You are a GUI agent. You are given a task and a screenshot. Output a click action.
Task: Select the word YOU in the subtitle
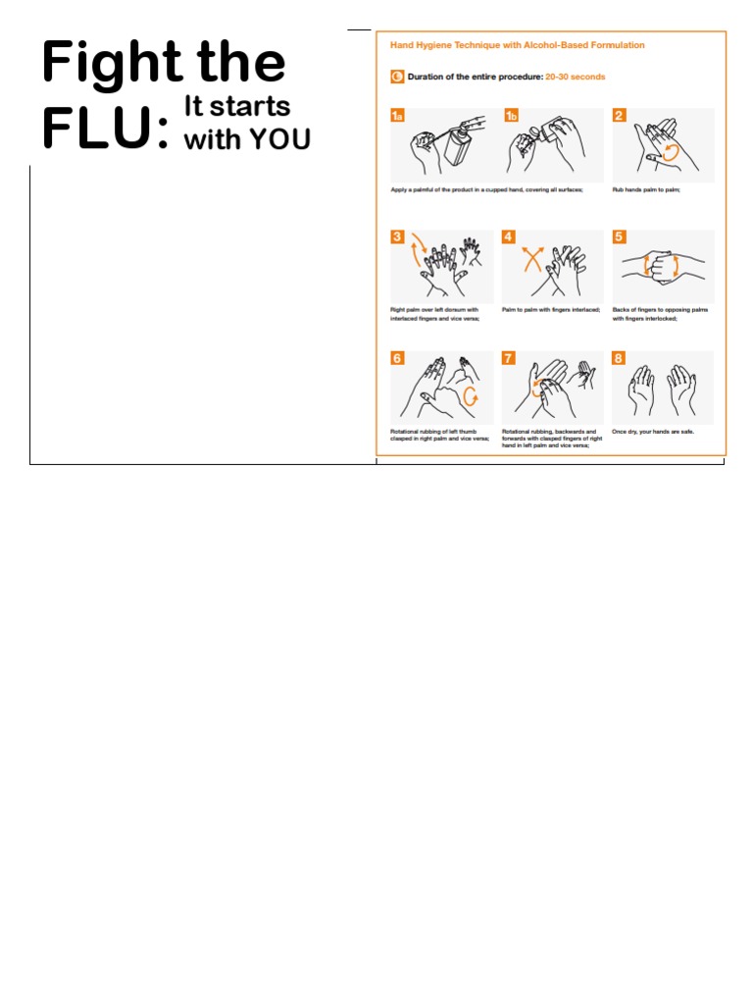click(x=279, y=139)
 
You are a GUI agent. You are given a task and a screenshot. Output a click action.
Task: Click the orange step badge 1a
click(x=397, y=116)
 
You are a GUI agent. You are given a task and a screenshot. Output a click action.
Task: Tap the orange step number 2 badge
click(x=619, y=116)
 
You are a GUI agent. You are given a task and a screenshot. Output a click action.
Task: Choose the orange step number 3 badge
click(x=397, y=236)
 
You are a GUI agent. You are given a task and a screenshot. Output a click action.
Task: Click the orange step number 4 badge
click(x=508, y=236)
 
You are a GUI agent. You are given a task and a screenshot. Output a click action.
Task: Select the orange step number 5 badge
click(x=619, y=236)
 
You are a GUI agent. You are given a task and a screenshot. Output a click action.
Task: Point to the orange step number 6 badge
click(x=397, y=358)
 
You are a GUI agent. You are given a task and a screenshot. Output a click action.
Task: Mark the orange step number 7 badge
click(x=508, y=358)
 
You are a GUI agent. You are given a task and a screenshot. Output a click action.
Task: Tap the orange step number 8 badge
click(x=619, y=358)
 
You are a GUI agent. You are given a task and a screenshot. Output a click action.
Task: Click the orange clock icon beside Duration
click(x=397, y=77)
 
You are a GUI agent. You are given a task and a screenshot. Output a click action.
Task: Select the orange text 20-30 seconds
click(x=575, y=77)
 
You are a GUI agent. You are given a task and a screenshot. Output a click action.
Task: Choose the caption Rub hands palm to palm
click(x=646, y=189)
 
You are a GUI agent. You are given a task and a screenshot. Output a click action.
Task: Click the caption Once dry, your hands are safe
click(x=652, y=431)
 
